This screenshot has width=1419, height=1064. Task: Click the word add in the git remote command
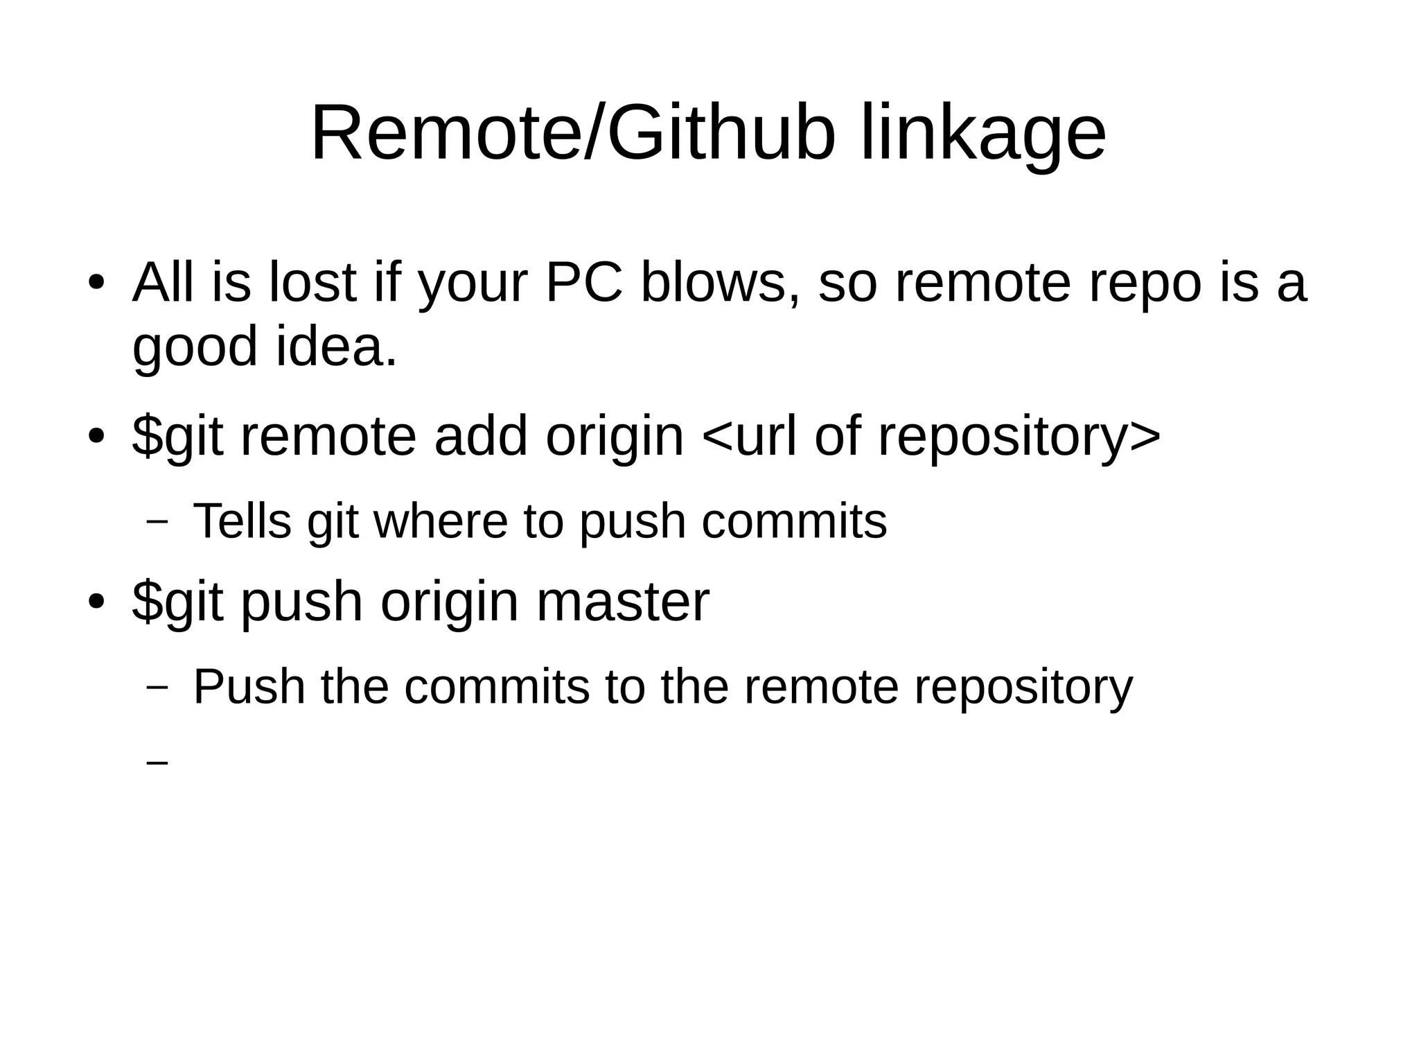[481, 437]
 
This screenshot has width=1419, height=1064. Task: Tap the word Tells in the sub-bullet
[242, 521]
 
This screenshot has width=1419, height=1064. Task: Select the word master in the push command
[622, 602]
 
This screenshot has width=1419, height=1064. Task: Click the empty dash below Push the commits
[158, 762]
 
